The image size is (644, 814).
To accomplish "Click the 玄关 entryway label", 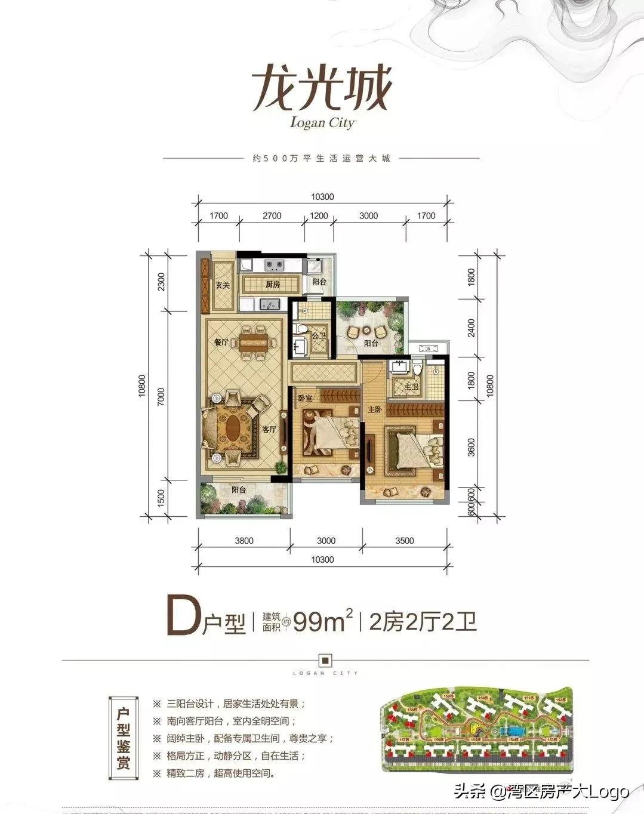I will (x=223, y=285).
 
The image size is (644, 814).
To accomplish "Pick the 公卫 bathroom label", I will (x=318, y=336).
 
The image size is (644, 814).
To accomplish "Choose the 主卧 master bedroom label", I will (x=375, y=410).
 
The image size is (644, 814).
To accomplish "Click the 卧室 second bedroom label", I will (x=306, y=397).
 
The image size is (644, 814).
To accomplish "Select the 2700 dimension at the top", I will (x=272, y=215).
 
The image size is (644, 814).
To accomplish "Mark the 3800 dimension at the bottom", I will (x=244, y=541).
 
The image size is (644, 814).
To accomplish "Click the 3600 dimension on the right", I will (x=472, y=447).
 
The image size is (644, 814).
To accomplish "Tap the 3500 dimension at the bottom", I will (x=404, y=541).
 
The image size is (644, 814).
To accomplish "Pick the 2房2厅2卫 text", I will (x=423, y=622).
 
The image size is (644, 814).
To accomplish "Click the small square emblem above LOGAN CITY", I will (x=325, y=660).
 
